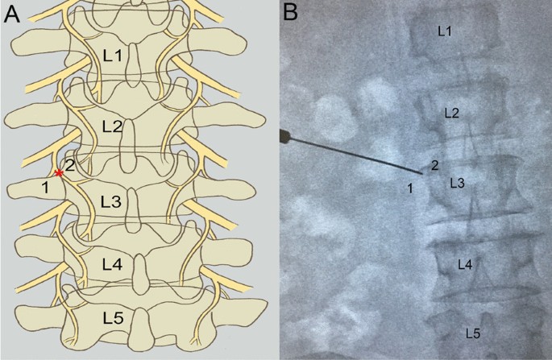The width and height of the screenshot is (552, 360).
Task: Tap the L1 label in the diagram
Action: tap(114, 56)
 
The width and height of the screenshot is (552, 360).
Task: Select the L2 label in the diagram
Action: tap(113, 126)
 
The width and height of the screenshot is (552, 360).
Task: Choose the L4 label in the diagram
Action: tap(112, 263)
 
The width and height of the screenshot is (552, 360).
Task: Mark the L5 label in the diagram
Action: tap(114, 318)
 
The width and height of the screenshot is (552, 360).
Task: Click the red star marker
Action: tap(59, 173)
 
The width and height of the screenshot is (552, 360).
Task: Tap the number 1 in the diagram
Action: tap(46, 188)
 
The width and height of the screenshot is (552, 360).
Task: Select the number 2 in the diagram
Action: tap(70, 166)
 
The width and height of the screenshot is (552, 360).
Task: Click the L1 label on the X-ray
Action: tap(444, 31)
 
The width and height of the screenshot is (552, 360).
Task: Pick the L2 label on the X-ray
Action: tap(452, 114)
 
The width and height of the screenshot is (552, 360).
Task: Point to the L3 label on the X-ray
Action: tap(457, 184)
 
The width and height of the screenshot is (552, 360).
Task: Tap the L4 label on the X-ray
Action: tap(464, 263)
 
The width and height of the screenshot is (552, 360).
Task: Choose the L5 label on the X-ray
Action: tap(474, 332)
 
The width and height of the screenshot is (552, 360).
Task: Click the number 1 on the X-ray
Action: tap(410, 188)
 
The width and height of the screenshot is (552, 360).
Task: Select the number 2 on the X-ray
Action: tap(434, 166)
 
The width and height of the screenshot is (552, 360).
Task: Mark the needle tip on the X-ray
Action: tap(421, 173)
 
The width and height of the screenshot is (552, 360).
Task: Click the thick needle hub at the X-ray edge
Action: tap(284, 134)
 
